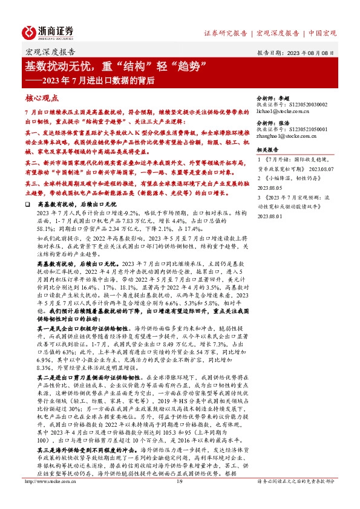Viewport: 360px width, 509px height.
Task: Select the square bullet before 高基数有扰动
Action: click(x=28, y=205)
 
